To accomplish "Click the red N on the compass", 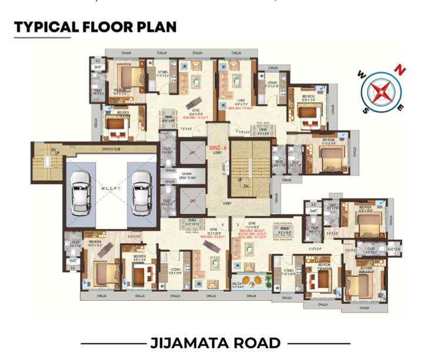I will (402, 69).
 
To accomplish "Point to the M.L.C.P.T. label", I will (110, 187).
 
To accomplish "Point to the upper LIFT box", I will (192, 152).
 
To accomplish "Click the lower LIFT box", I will (192, 200).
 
